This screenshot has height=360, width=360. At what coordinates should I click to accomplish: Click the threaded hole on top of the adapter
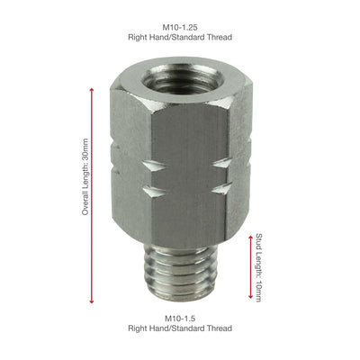pos(176,83)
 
